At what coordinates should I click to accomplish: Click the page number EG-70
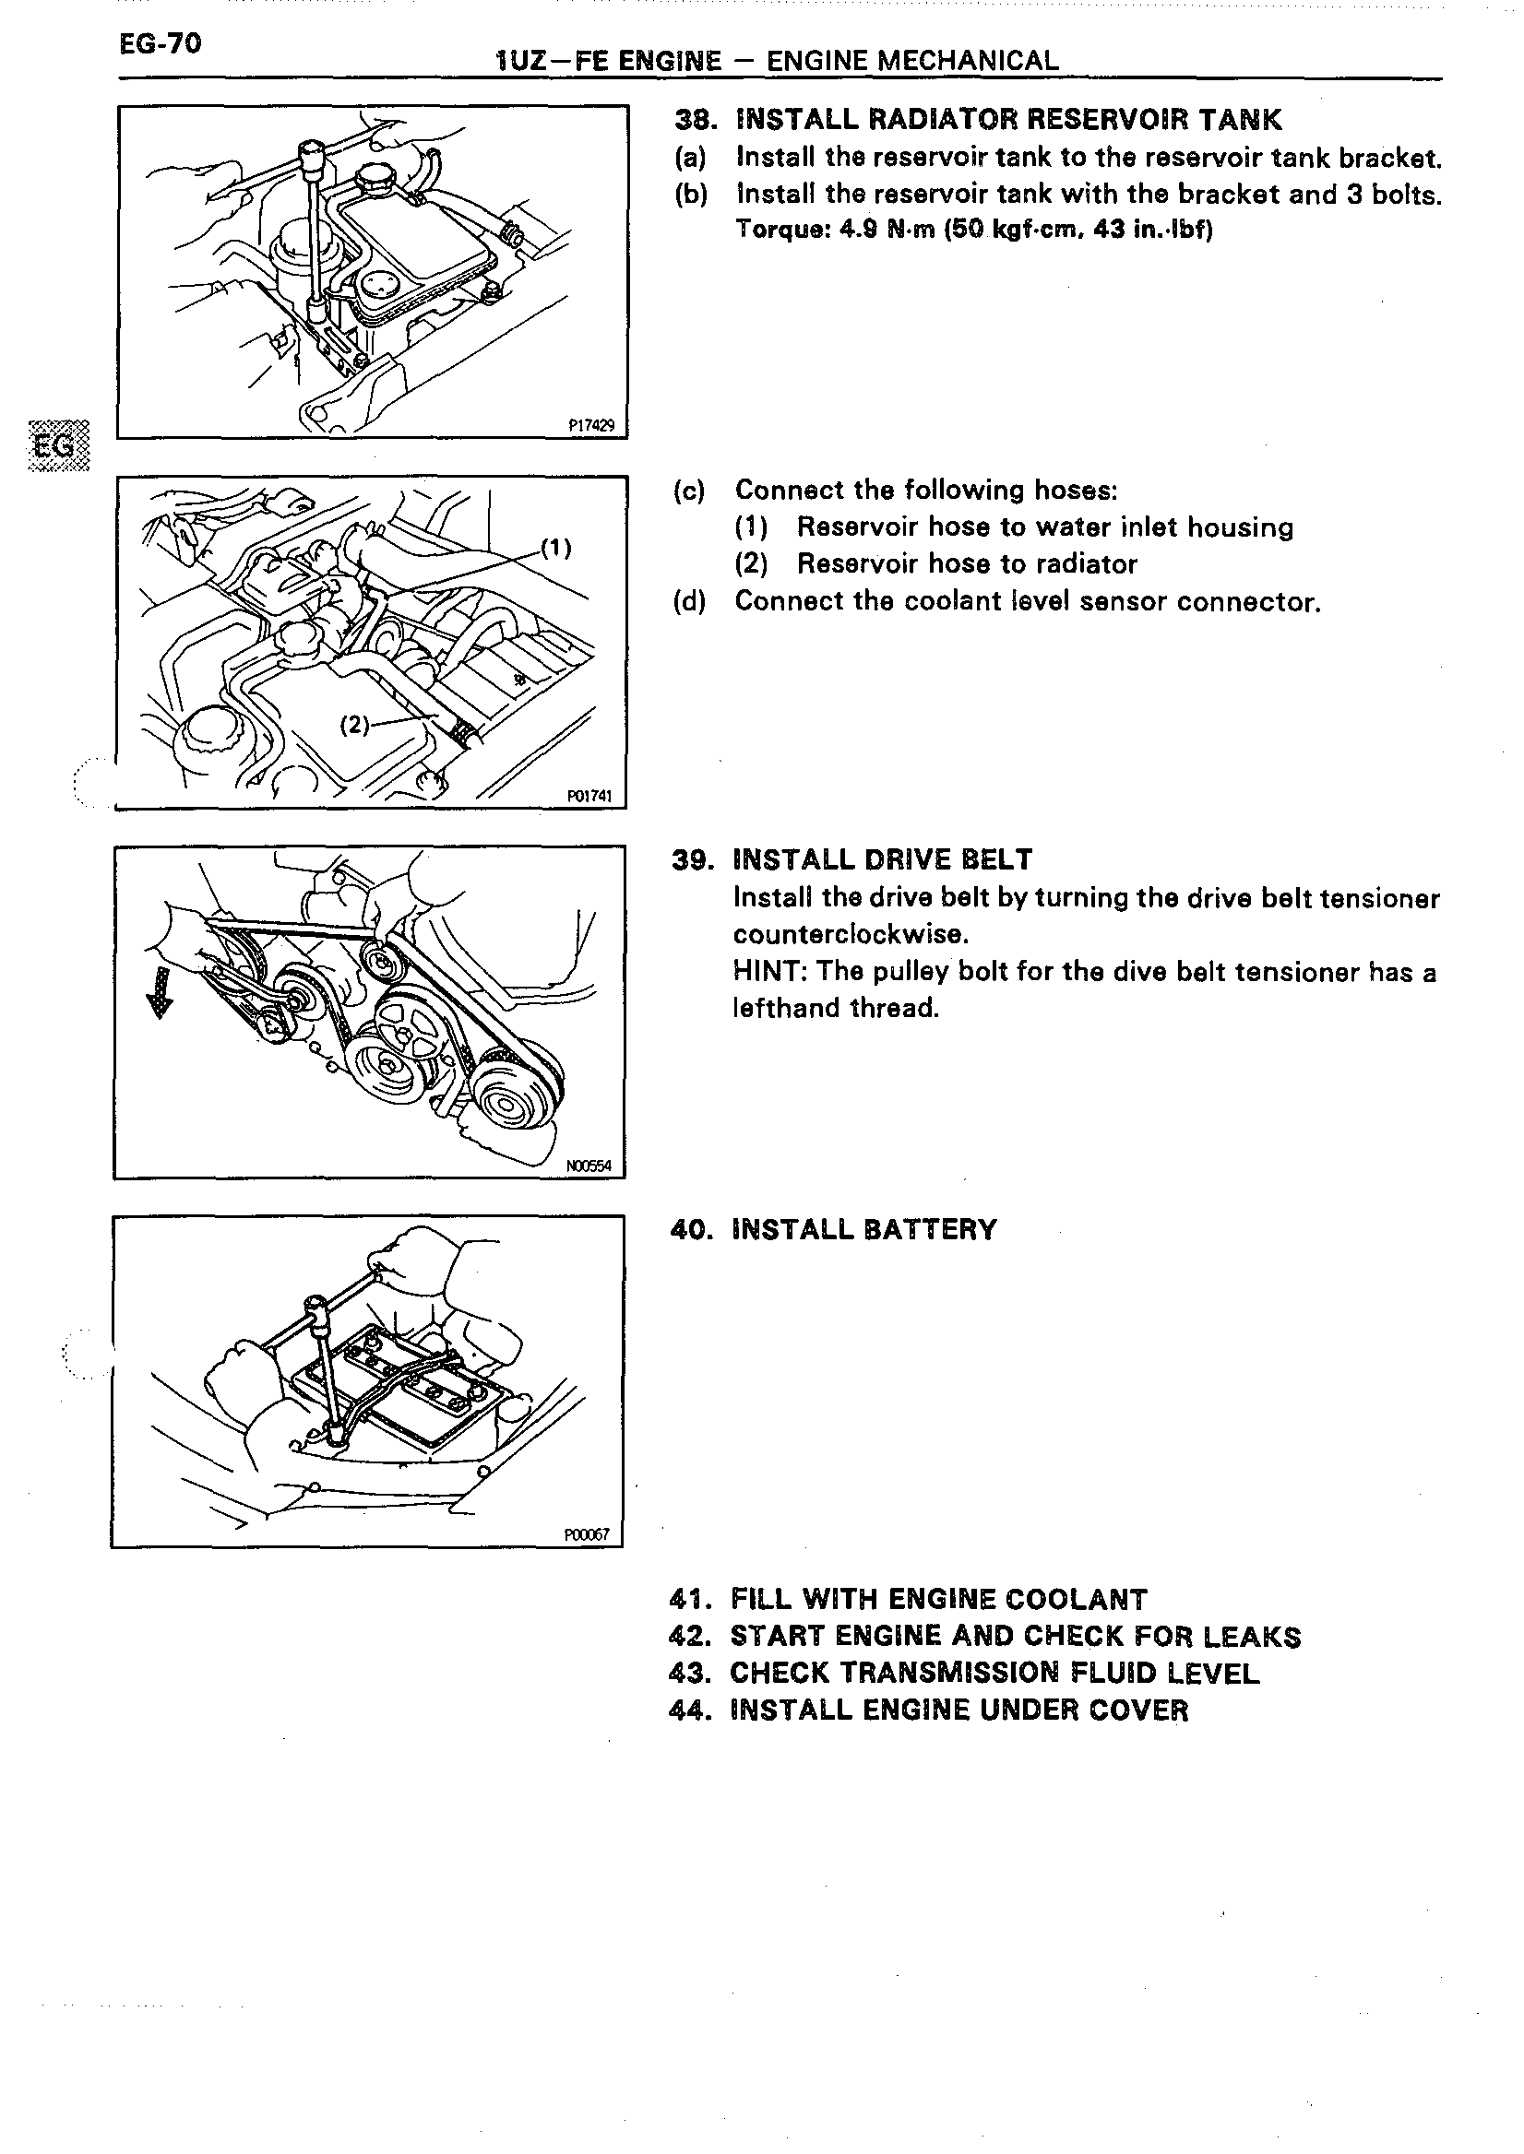160,43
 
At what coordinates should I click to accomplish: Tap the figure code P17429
591,426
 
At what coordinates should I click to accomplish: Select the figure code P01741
589,796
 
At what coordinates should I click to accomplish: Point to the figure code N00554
589,1166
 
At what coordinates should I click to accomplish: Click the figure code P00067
587,1536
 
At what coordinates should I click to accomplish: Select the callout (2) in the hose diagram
355,725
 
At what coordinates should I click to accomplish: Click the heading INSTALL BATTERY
863,1230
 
